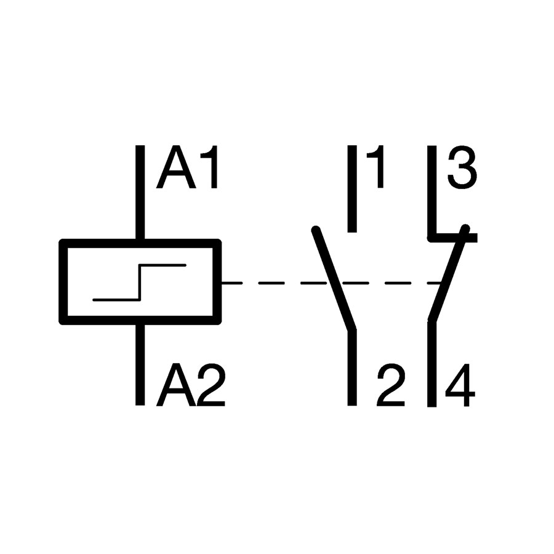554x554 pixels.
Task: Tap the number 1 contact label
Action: coord(375,167)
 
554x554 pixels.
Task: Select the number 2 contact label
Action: coord(391,385)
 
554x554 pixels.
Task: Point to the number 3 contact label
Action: coord(462,167)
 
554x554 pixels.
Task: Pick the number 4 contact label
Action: coord(460,385)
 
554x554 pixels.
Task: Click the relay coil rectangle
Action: coord(140,243)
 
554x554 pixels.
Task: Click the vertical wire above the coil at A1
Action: coord(140,192)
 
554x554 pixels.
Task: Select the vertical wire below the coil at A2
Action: coord(140,364)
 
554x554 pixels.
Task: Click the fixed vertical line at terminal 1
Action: coord(352,189)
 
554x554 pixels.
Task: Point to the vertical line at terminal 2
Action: coord(352,367)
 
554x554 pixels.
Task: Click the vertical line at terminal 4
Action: coord(432,364)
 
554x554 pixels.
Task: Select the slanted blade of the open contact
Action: coord(334,279)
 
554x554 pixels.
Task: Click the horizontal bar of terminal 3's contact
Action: coord(452,238)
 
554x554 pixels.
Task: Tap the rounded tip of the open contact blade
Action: coord(316,230)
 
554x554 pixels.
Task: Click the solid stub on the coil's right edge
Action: coord(232,283)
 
